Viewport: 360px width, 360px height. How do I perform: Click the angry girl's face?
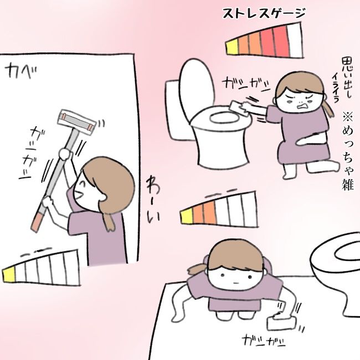pyautogui.click(x=299, y=100)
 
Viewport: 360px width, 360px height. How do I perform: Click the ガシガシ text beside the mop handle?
pyautogui.click(x=32, y=150)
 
